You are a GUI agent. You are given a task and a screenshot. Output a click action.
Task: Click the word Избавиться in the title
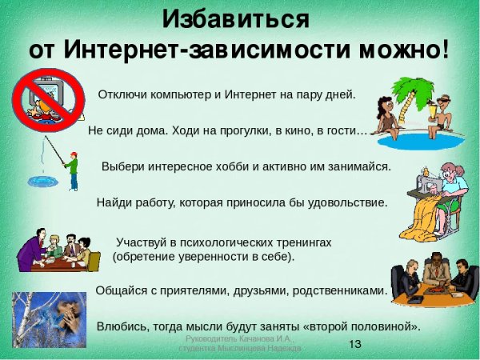[x=236, y=18]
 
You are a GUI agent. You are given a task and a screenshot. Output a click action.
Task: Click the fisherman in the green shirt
[x=72, y=169]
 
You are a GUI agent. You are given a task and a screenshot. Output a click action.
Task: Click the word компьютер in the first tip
[x=183, y=94]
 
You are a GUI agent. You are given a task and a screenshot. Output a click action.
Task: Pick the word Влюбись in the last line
[x=122, y=326]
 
